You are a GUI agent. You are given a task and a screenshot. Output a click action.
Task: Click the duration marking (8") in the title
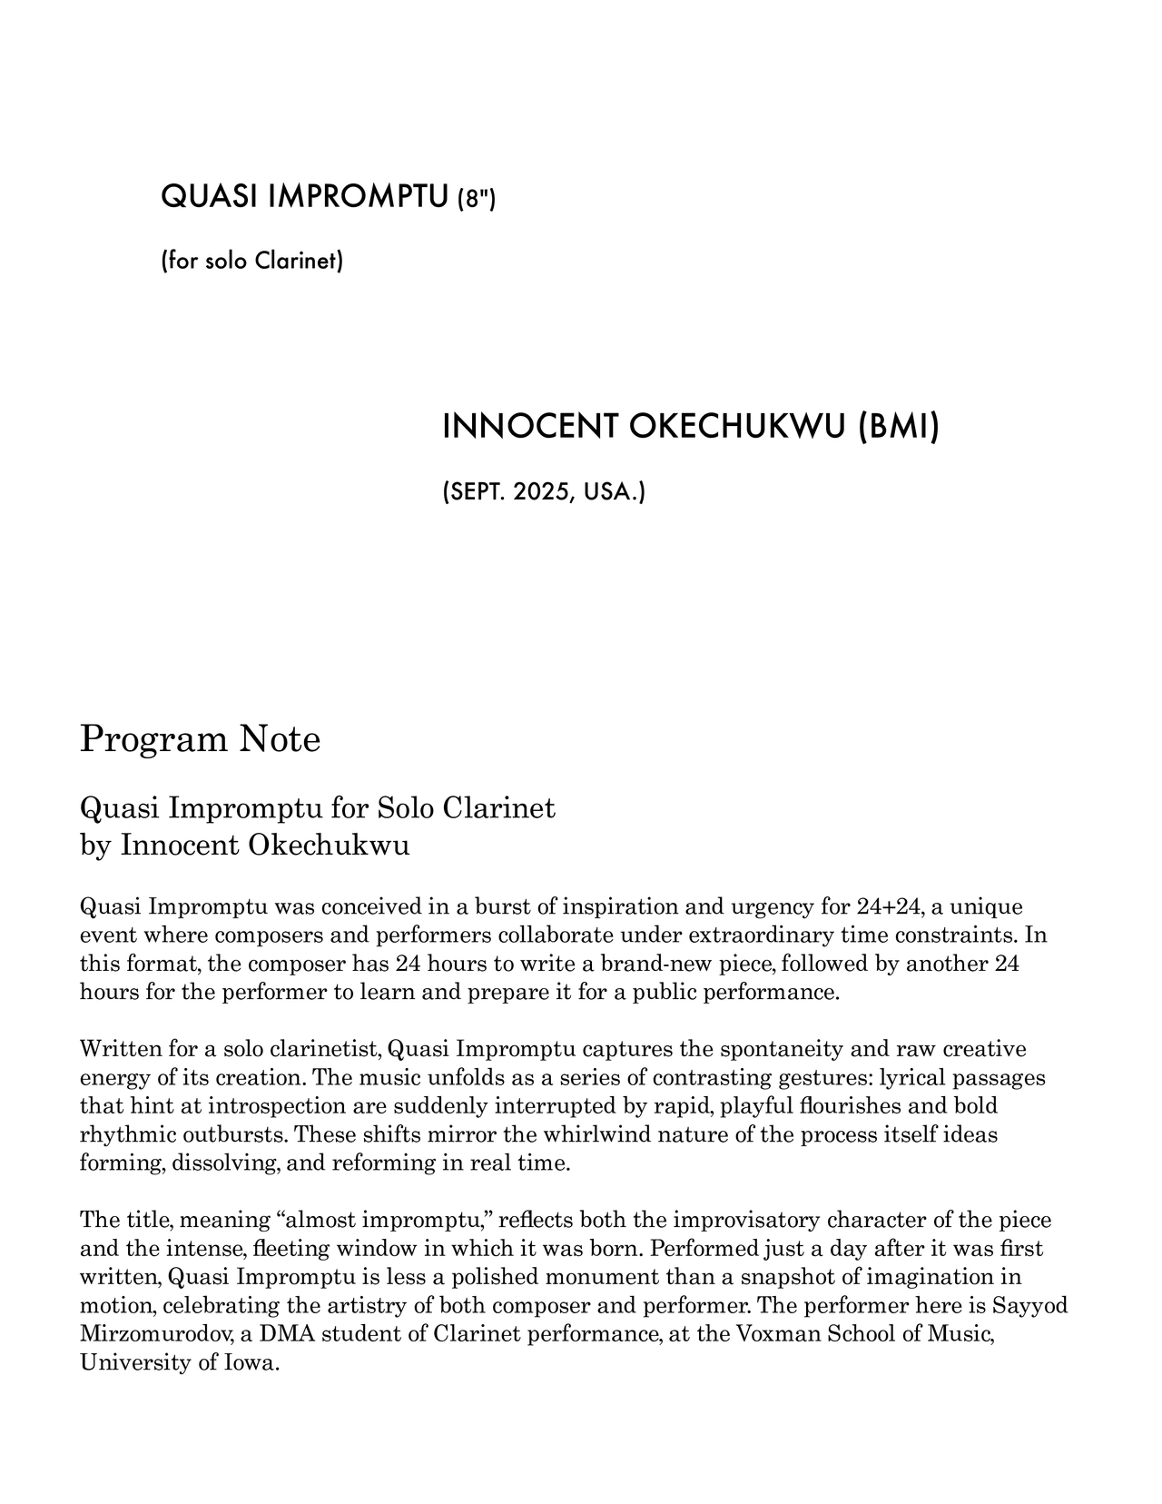[x=476, y=197]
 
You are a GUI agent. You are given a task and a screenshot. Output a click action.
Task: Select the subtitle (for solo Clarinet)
[x=251, y=262]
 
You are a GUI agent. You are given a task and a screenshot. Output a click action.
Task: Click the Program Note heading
[x=200, y=738]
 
